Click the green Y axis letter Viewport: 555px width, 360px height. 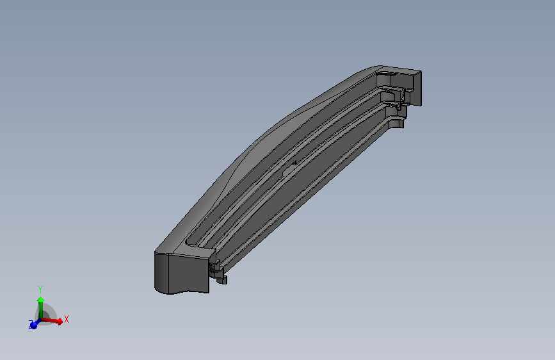point(40,290)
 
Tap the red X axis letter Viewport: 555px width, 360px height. point(66,319)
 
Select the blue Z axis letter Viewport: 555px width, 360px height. point(31,323)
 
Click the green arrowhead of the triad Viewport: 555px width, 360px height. point(41,300)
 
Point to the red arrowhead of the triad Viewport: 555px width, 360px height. point(60,321)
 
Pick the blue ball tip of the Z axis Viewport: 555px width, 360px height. point(34,325)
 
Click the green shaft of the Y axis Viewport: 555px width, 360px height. point(41,310)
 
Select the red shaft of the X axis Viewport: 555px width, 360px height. point(49,320)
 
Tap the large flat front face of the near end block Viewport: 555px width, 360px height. point(188,274)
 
